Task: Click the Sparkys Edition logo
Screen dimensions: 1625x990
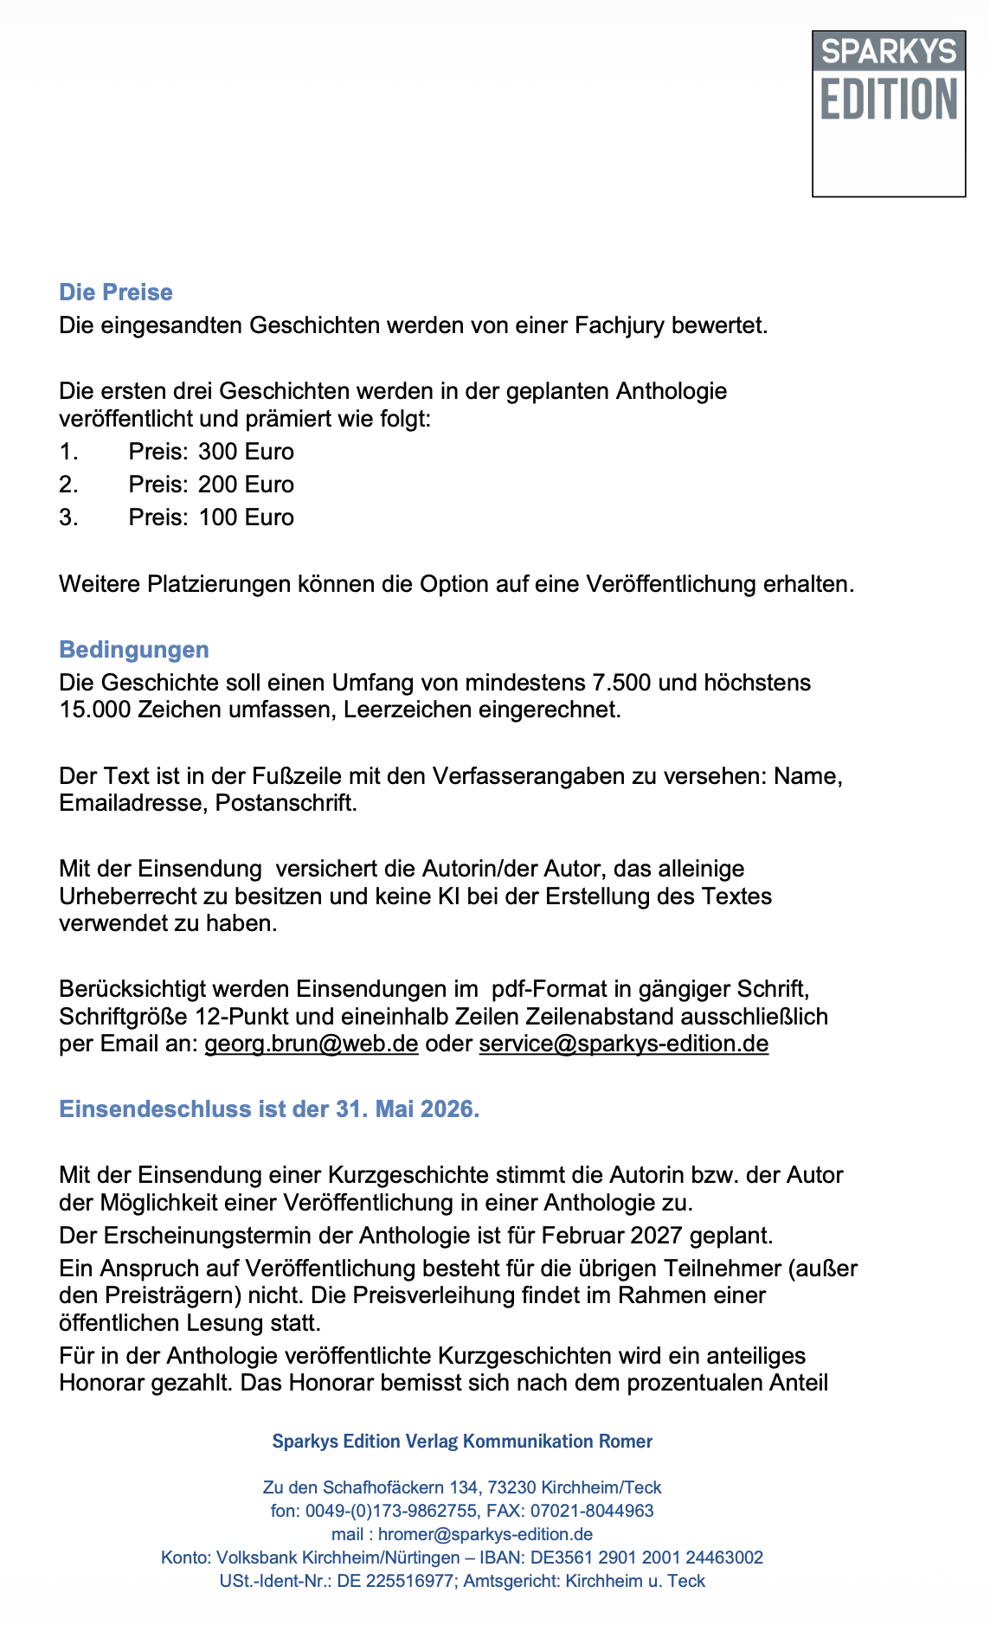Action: [888, 113]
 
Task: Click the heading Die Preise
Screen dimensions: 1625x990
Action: [116, 292]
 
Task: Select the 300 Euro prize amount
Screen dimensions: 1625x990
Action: [246, 452]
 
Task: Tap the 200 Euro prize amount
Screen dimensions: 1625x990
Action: [246, 485]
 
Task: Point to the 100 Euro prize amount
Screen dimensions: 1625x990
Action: [246, 517]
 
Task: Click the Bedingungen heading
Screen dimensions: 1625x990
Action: [134, 650]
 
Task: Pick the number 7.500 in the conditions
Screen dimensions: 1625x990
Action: [620, 683]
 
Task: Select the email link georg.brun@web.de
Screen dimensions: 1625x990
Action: [312, 1044]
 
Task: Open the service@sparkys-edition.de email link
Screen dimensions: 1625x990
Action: [623, 1044]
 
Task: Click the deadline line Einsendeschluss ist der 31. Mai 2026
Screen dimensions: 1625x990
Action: [269, 1109]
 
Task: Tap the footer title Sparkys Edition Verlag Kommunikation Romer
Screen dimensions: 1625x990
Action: [462, 1441]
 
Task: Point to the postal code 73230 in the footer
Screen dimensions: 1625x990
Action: [513, 1487]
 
